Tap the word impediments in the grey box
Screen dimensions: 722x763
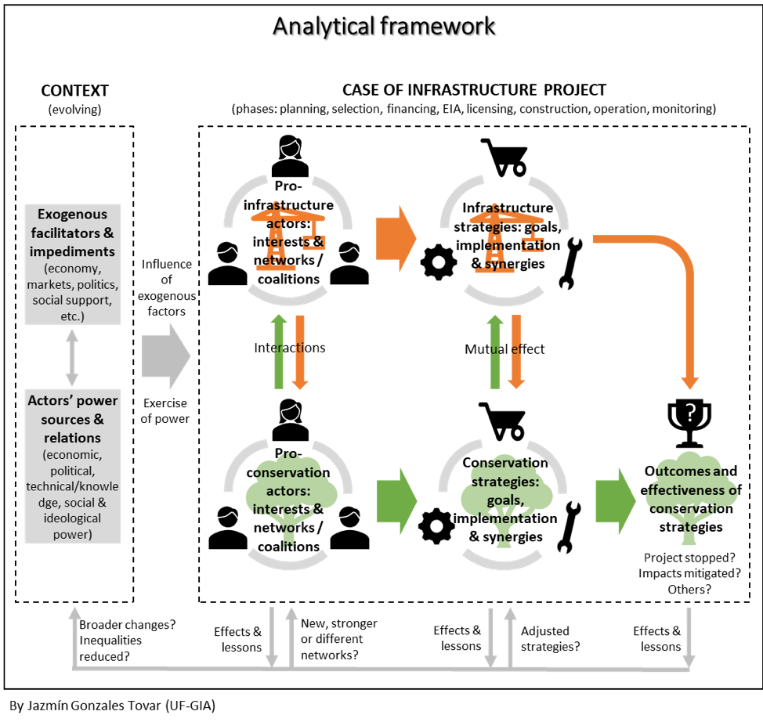click(x=72, y=251)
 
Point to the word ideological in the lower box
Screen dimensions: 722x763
click(x=72, y=518)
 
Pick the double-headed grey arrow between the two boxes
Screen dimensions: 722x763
click(x=72, y=357)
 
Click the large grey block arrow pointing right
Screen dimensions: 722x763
click(x=166, y=356)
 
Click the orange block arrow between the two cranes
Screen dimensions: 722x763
click(x=396, y=238)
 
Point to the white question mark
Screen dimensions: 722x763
click(x=690, y=413)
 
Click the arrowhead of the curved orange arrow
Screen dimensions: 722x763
click(x=690, y=383)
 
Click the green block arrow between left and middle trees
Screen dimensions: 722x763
click(x=396, y=500)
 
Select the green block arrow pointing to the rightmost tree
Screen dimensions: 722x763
click(x=614, y=500)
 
